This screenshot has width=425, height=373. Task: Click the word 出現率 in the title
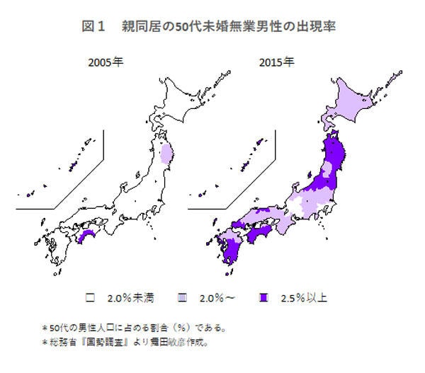pos(318,27)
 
